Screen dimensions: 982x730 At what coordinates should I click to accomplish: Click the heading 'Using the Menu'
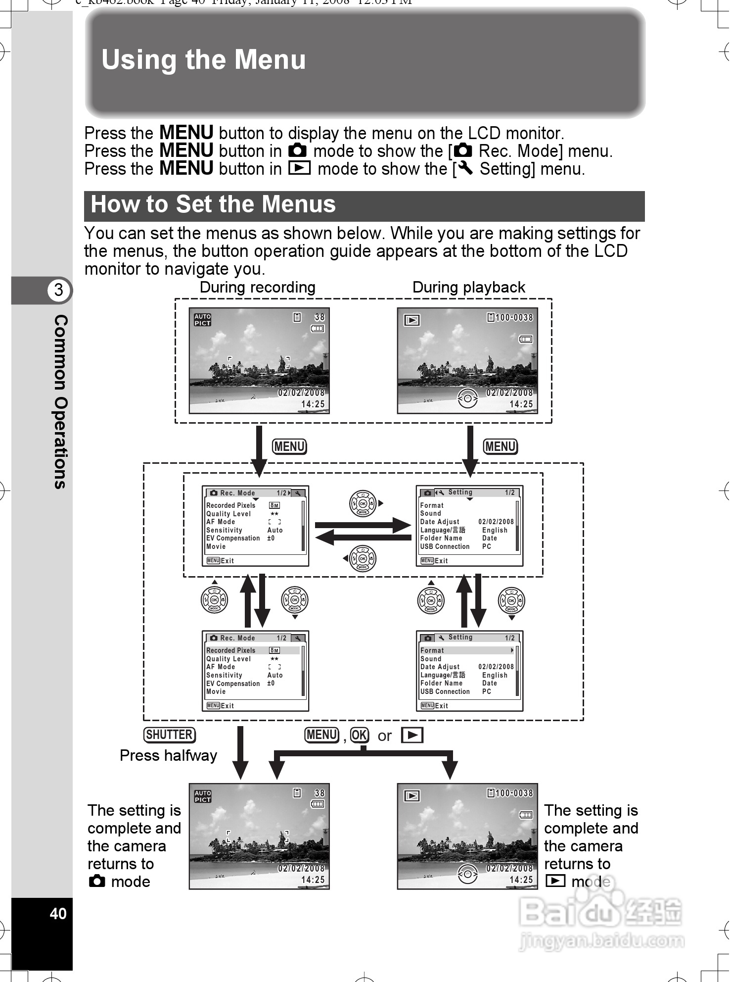203,60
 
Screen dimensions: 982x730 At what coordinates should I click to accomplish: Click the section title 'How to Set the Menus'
213,204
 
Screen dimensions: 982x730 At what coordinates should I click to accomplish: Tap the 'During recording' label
257,287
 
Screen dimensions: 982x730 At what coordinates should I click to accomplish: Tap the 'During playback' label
468,287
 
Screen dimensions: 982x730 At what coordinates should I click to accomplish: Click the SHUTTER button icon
170,735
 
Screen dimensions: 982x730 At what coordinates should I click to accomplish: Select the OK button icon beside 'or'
360,736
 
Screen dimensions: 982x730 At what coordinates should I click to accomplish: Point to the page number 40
58,914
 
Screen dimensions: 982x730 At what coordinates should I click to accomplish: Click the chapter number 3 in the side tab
58,290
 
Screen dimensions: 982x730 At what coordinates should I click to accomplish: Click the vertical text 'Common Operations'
60,401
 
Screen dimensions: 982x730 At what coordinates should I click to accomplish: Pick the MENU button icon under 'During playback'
500,447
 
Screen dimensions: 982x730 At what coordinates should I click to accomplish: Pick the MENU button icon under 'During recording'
290,447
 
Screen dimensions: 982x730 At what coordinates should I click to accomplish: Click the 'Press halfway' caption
168,755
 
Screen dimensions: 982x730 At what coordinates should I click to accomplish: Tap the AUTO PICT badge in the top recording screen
202,320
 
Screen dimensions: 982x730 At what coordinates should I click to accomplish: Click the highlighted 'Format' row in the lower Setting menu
466,650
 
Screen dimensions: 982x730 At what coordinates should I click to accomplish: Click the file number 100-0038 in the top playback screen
513,318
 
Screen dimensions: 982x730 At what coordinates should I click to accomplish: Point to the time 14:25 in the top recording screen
313,404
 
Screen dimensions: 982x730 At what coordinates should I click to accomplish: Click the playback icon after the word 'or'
412,736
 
